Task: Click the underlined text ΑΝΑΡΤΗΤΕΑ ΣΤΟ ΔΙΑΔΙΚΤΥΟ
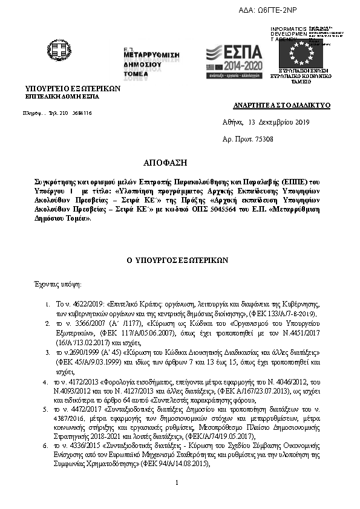pyautogui.click(x=281, y=105)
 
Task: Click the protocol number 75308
pyautogui.click(x=264, y=140)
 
